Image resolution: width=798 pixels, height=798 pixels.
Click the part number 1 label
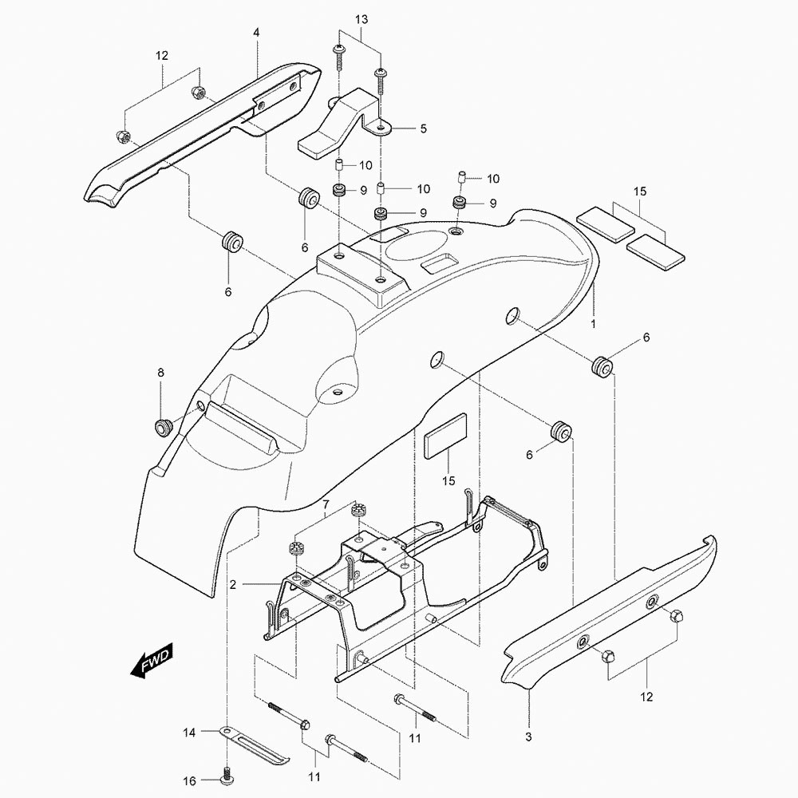[592, 325]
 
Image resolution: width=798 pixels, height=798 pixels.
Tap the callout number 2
[233, 585]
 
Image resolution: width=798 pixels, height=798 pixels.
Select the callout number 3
[529, 736]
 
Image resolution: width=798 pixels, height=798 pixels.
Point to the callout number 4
[256, 33]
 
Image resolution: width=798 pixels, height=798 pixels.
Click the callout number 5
[423, 128]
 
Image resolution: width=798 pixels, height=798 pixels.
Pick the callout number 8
[160, 373]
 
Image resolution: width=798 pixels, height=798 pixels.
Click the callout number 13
[361, 18]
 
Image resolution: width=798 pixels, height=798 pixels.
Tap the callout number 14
[189, 732]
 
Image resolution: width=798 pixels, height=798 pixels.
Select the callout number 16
[189, 781]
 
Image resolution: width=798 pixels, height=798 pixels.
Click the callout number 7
[325, 504]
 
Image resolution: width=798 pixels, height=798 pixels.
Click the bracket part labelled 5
[339, 124]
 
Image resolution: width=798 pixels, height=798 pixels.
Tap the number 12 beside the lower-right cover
[646, 697]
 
